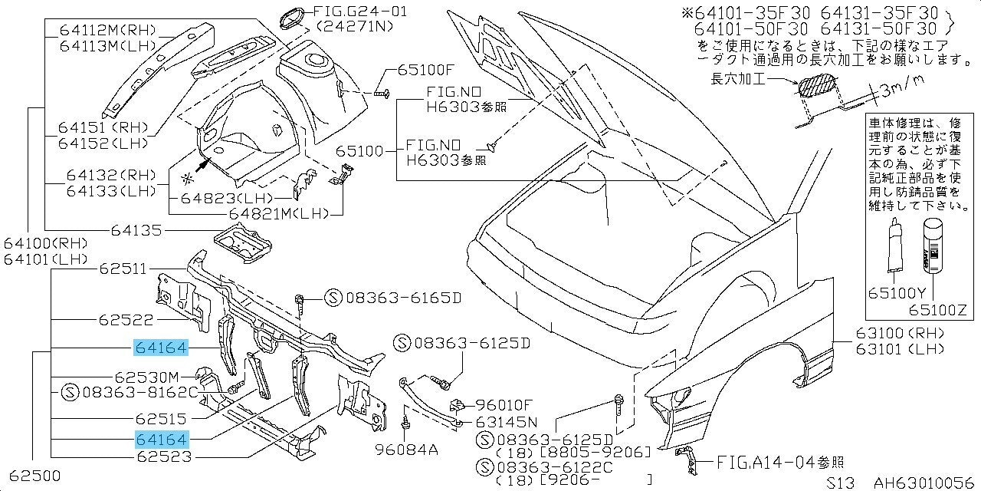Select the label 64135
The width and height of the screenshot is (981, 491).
(x=136, y=229)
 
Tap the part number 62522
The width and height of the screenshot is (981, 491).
(x=125, y=320)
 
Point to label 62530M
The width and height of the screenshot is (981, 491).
(x=146, y=377)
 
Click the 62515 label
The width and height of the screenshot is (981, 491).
(x=162, y=419)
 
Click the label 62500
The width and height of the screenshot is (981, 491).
(x=31, y=475)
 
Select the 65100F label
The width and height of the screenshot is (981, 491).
(x=425, y=71)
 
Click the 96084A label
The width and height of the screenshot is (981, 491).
(x=406, y=449)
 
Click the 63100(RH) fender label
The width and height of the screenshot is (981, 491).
(x=888, y=334)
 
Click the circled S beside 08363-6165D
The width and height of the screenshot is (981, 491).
(x=332, y=298)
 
